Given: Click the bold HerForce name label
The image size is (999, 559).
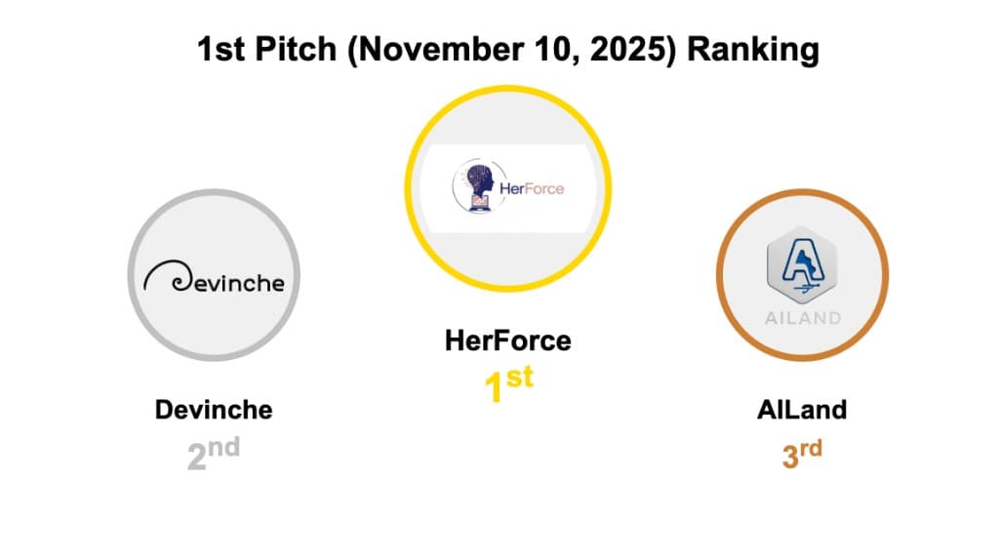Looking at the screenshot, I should click(507, 340).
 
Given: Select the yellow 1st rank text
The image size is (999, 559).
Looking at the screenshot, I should click(508, 382).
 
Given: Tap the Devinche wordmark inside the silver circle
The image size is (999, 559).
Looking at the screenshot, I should click(226, 283).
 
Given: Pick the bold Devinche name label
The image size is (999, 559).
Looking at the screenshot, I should click(214, 409).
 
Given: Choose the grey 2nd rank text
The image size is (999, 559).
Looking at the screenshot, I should click(213, 453).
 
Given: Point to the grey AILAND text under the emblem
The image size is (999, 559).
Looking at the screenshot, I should click(802, 318).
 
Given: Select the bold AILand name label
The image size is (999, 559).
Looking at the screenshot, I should click(802, 409).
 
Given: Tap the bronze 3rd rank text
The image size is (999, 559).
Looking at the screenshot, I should click(802, 453).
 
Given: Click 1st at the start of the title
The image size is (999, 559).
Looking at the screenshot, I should click(221, 49).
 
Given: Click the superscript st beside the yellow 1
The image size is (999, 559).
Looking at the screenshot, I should click(520, 377).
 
